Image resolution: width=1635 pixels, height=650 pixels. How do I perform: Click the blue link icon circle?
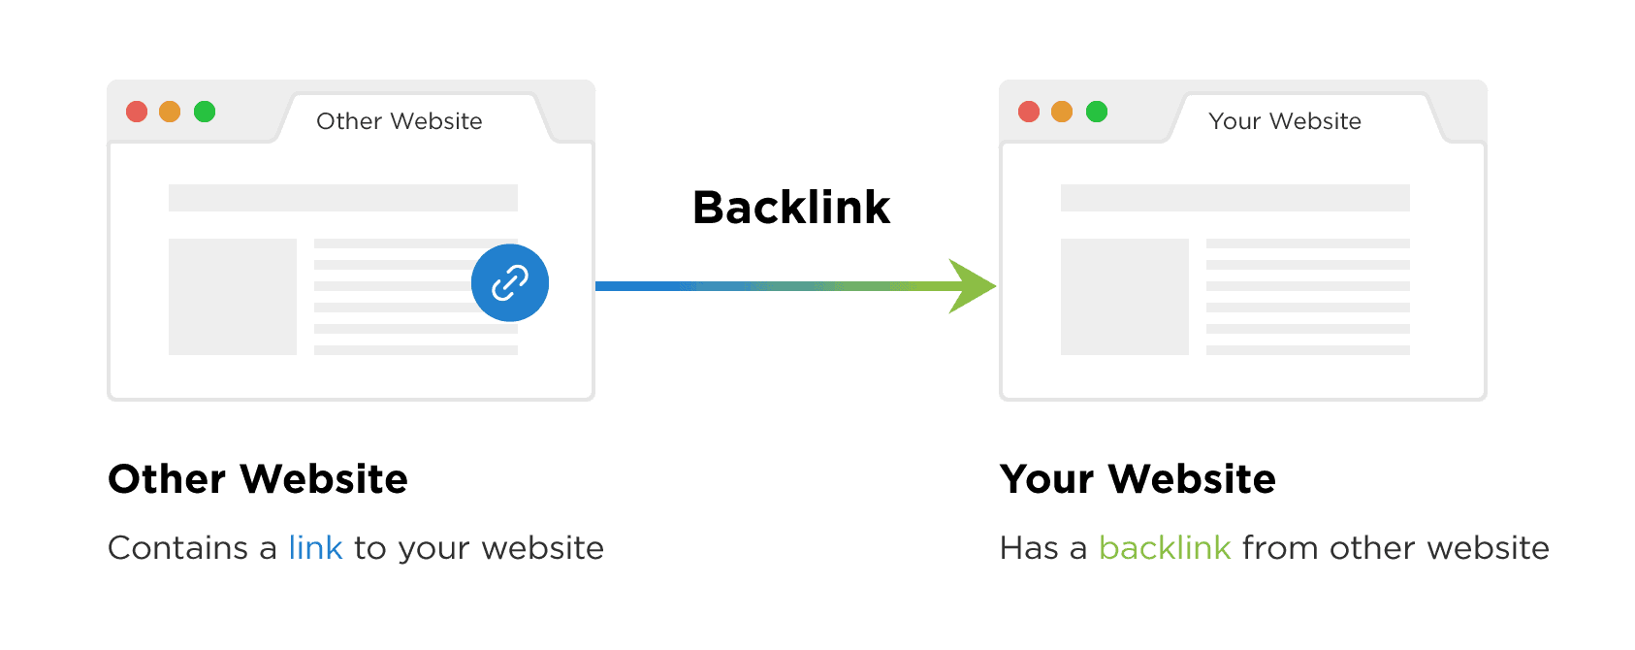(510, 282)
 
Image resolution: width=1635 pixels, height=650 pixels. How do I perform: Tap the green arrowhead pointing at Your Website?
(973, 286)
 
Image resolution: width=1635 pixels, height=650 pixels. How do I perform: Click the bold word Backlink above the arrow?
(791, 207)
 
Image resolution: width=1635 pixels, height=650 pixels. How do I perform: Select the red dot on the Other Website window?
(137, 112)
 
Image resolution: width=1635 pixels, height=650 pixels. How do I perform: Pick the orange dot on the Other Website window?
(170, 112)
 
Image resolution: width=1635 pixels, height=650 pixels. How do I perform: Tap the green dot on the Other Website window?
(205, 112)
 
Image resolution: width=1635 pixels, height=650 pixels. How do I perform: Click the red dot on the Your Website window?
(1029, 112)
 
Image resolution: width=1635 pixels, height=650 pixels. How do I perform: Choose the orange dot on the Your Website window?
(1062, 112)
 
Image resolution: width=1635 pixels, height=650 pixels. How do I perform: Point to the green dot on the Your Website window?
(1097, 112)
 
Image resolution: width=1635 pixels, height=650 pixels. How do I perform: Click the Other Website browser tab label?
(400, 121)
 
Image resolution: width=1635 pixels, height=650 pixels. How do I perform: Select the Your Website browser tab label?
(1285, 121)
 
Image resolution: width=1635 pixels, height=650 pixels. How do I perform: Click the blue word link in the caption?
(315, 548)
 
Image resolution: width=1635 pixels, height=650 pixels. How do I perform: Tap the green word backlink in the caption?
(1165, 548)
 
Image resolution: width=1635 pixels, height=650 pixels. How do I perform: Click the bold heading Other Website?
(258, 479)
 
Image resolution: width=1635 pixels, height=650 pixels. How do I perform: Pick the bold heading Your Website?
(1138, 479)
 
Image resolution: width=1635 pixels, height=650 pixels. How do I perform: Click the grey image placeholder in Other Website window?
(233, 297)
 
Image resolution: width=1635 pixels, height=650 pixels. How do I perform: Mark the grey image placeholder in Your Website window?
(1125, 297)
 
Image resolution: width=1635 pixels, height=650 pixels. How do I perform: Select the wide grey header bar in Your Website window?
(1235, 198)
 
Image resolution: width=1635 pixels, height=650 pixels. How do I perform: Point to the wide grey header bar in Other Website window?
(343, 198)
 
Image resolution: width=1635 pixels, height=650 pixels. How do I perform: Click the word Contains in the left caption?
(178, 548)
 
